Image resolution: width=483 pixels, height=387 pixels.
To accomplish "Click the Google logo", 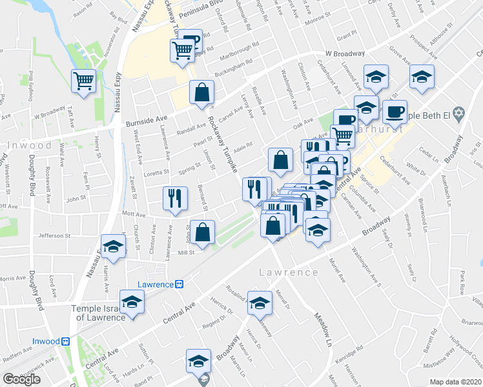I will pos(21,379).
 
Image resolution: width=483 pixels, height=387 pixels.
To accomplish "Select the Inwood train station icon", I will pos(65,341).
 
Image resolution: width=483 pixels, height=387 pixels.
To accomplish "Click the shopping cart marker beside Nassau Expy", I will pos(84,81).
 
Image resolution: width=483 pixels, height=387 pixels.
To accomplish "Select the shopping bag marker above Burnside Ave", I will pos(202,92).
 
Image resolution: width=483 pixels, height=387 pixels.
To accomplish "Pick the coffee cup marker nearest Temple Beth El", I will pos(395,111).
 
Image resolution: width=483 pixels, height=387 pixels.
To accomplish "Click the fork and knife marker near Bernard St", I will pos(175,198).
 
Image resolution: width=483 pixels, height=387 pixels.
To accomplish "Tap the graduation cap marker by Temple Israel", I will pos(132,302).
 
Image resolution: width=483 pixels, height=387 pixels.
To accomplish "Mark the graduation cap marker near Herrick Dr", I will pos(260,302).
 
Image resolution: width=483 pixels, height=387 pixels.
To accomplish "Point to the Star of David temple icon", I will pos(459,115).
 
